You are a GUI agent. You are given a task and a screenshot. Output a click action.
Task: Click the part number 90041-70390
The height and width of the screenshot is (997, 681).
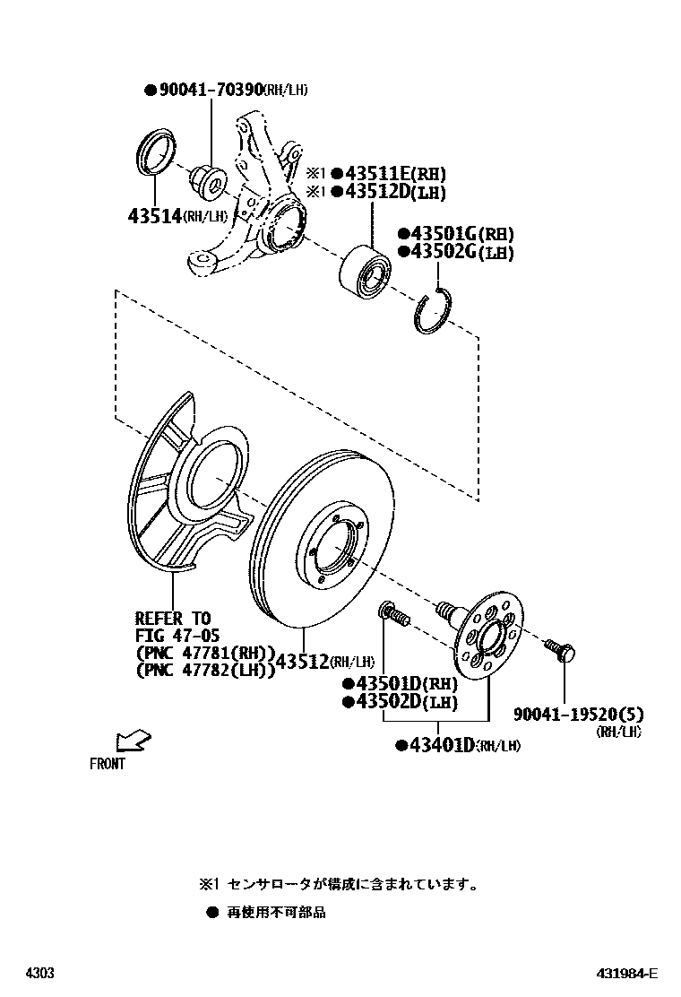211,90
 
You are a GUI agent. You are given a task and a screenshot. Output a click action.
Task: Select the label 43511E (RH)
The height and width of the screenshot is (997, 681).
388,174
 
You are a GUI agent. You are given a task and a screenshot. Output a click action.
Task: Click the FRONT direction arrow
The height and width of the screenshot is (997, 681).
133,741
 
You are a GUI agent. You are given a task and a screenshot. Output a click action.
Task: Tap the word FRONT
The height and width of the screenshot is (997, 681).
108,765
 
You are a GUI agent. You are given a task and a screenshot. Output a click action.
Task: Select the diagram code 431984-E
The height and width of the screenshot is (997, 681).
628,974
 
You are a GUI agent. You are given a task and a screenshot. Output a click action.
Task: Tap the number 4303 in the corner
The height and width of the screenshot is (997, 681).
39,974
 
